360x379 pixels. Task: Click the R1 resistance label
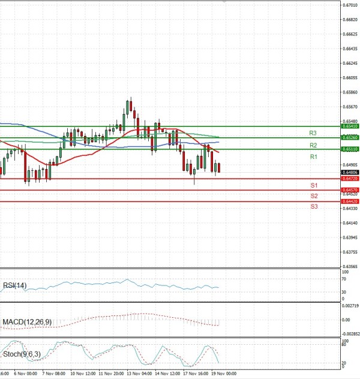pyautogui.click(x=313, y=157)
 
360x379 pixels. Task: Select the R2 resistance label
pyautogui.click(x=313, y=145)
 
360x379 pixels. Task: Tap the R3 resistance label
pyautogui.click(x=313, y=133)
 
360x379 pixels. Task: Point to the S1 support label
pyautogui.click(x=314, y=185)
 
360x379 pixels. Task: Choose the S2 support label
pyautogui.click(x=314, y=196)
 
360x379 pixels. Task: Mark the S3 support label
pyautogui.click(x=314, y=206)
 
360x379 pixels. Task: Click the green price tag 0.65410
pyautogui.click(x=350, y=127)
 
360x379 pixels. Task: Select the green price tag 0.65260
pyautogui.click(x=350, y=137)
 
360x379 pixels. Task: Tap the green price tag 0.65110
pyautogui.click(x=350, y=149)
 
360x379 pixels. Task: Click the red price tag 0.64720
pyautogui.click(x=350, y=179)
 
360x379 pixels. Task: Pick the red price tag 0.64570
pyautogui.click(x=350, y=190)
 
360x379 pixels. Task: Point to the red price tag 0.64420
pyautogui.click(x=350, y=201)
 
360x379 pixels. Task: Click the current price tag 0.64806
pyautogui.click(x=350, y=173)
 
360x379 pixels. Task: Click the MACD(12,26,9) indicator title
pyautogui.click(x=27, y=322)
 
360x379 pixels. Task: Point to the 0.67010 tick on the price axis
pyautogui.click(x=350, y=5)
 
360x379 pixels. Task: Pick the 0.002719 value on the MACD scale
pyautogui.click(x=351, y=306)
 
